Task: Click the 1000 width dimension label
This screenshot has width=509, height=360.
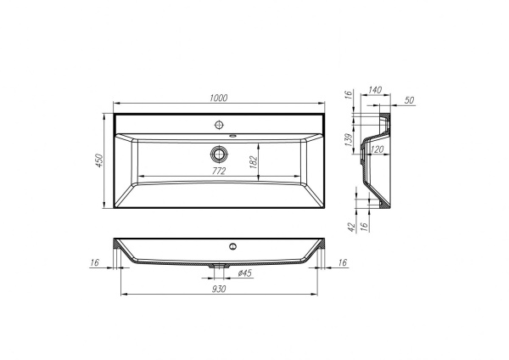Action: coord(219,98)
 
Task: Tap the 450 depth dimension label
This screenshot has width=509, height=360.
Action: coord(99,160)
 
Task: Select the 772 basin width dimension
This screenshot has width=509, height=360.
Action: coord(219,171)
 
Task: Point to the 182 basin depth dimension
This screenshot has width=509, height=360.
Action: coord(254,162)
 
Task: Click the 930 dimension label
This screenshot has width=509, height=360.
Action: coord(219,289)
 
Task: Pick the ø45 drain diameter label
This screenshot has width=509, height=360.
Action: coord(245,273)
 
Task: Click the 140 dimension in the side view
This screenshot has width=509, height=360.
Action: coord(375,90)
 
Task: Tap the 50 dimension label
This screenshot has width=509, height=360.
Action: coord(410,100)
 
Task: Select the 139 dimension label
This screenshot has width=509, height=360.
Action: coord(349,140)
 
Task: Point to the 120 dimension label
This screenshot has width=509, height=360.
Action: coord(377,149)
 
